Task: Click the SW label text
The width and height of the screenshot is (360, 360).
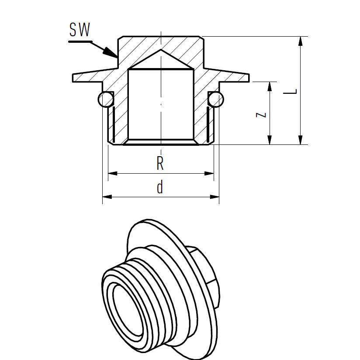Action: [x=80, y=30]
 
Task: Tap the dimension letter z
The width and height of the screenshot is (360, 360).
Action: [x=261, y=114]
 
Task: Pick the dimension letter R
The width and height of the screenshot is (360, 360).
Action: [x=160, y=164]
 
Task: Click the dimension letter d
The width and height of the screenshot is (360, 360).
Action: [x=160, y=188]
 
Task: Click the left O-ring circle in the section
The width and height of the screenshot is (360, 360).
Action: [x=105, y=100]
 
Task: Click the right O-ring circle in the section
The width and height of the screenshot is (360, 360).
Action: [x=216, y=100]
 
